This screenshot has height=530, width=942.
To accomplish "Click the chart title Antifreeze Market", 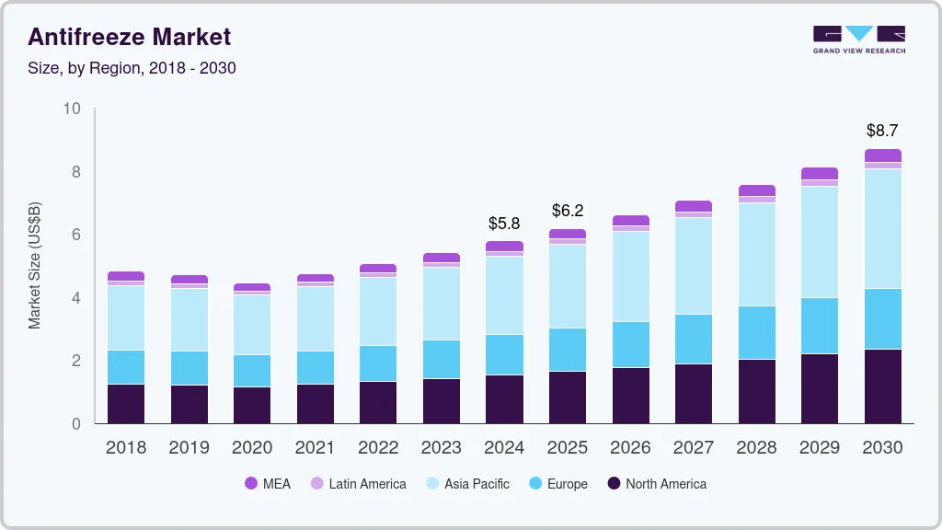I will (129, 37).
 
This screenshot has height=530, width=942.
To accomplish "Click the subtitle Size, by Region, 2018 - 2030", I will (132, 68).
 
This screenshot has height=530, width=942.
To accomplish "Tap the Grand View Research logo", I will (858, 39).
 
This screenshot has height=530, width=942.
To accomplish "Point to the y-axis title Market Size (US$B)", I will (35, 265).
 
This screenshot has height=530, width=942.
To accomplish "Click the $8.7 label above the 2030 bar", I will (883, 131).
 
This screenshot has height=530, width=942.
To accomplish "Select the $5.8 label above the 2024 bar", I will (504, 224).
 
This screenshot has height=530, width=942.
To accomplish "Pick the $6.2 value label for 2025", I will (568, 211).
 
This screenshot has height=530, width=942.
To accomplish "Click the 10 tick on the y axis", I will (72, 109).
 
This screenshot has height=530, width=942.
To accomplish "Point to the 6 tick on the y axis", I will (76, 235).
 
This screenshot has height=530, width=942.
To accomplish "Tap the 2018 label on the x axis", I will (126, 448).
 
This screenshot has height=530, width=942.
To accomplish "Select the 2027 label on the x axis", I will (694, 448).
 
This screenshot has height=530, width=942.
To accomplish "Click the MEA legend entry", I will (268, 484).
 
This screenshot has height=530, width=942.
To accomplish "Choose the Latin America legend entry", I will (358, 484).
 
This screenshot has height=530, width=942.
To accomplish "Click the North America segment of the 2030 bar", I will (883, 386).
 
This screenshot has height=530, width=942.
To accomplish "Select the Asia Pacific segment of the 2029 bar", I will (820, 242).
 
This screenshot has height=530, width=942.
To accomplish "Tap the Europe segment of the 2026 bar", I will (631, 344).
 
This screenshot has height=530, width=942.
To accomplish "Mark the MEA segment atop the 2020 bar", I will (252, 288).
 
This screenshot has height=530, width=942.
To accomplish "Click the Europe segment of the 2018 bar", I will (126, 367).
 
